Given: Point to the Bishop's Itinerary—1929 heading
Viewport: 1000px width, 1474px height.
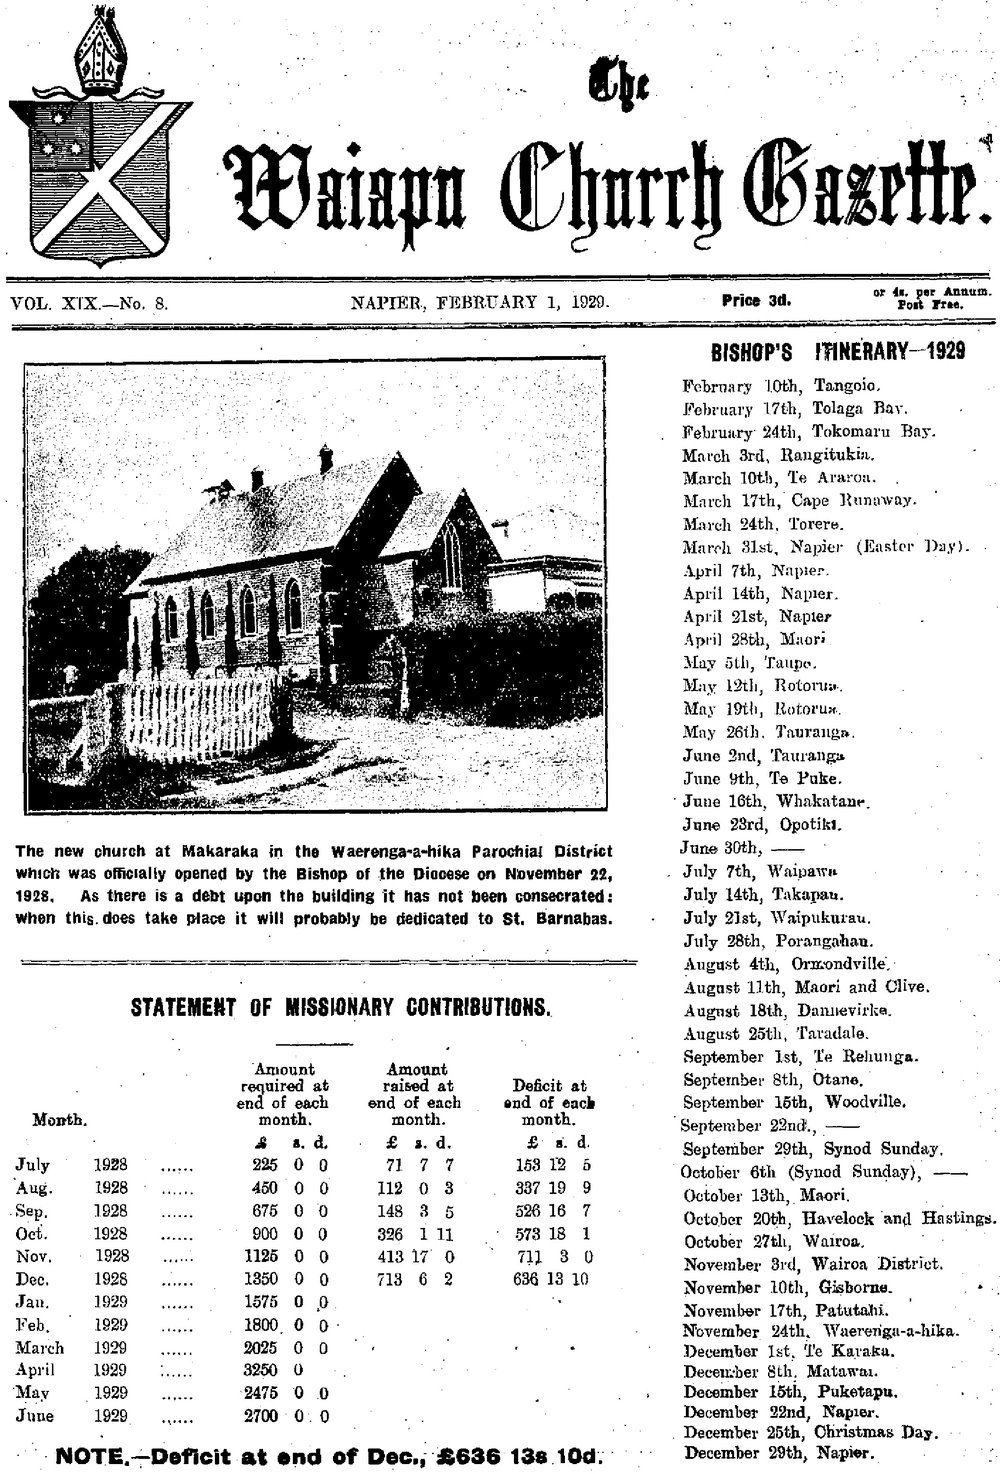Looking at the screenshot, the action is pyautogui.click(x=838, y=351).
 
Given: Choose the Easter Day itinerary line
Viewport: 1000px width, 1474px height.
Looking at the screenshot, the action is pyautogui.click(x=824, y=547).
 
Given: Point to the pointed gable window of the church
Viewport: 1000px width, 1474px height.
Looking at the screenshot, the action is pyautogui.click(x=451, y=556).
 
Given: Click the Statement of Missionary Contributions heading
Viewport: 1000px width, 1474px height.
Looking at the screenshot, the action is pyautogui.click(x=341, y=1007).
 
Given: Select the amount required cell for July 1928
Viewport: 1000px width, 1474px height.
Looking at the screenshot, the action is pyautogui.click(x=289, y=1165).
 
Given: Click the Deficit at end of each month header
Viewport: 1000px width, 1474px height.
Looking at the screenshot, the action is pyautogui.click(x=549, y=1102).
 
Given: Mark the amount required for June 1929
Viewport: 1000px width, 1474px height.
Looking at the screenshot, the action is pyautogui.click(x=289, y=1416).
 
